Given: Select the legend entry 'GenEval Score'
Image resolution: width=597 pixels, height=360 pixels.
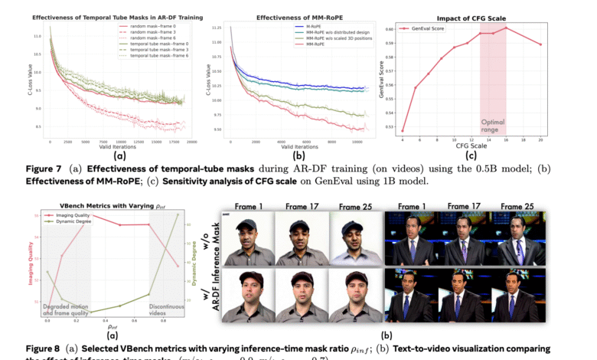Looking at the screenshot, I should tap(432, 28).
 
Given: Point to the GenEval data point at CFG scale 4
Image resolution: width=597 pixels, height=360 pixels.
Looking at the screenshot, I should tap(402, 131).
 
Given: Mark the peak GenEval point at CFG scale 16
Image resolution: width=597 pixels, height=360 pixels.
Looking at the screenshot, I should tap(505, 28).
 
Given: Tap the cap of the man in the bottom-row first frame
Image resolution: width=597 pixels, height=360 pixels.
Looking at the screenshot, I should tap(251, 278).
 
